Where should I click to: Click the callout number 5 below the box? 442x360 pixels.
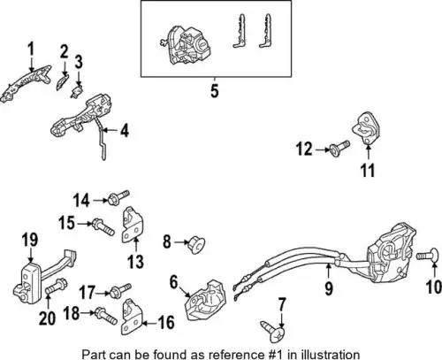pos(215,90)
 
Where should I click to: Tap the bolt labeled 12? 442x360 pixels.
pos(339,149)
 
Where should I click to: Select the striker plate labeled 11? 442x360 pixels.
pos(366,128)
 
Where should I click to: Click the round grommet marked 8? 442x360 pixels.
pos(196,244)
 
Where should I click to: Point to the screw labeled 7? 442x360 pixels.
pos(272,332)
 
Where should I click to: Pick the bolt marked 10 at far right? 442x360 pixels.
pos(426,257)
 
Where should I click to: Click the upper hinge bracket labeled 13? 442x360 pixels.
pos(133,226)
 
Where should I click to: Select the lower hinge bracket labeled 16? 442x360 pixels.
pos(132,317)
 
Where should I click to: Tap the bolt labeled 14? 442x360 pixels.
pos(118,197)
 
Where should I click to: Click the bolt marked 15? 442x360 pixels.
pos(103,226)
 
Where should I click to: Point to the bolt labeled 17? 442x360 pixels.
pos(120,290)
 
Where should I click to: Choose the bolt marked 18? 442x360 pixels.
pos(105,317)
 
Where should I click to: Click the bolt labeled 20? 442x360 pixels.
pos(57,287)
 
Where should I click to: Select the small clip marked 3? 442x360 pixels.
pos(77,92)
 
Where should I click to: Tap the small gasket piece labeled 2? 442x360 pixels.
pos(63,82)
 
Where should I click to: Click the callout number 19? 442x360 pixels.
pos(30,240)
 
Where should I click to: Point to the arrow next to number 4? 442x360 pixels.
pos(106,129)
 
